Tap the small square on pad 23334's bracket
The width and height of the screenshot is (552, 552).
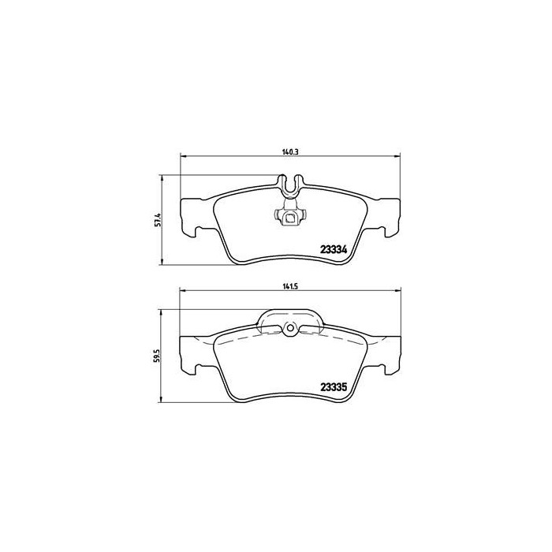(290, 220)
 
